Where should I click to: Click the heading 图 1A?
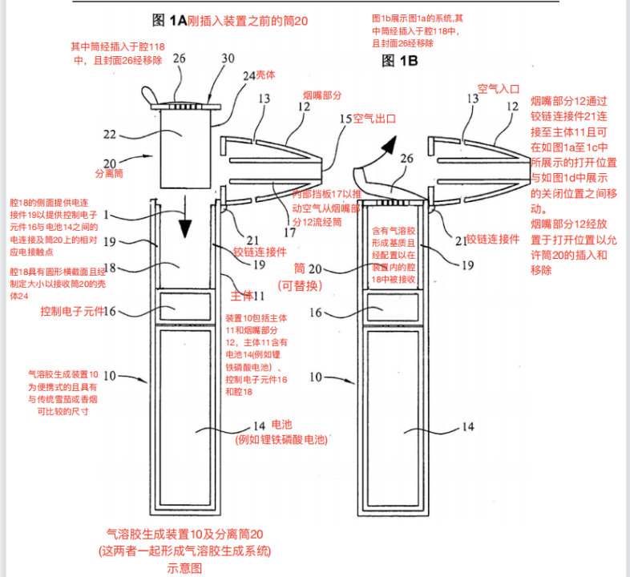170,20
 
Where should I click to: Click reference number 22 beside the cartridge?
132,135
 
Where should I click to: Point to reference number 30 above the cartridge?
228,58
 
